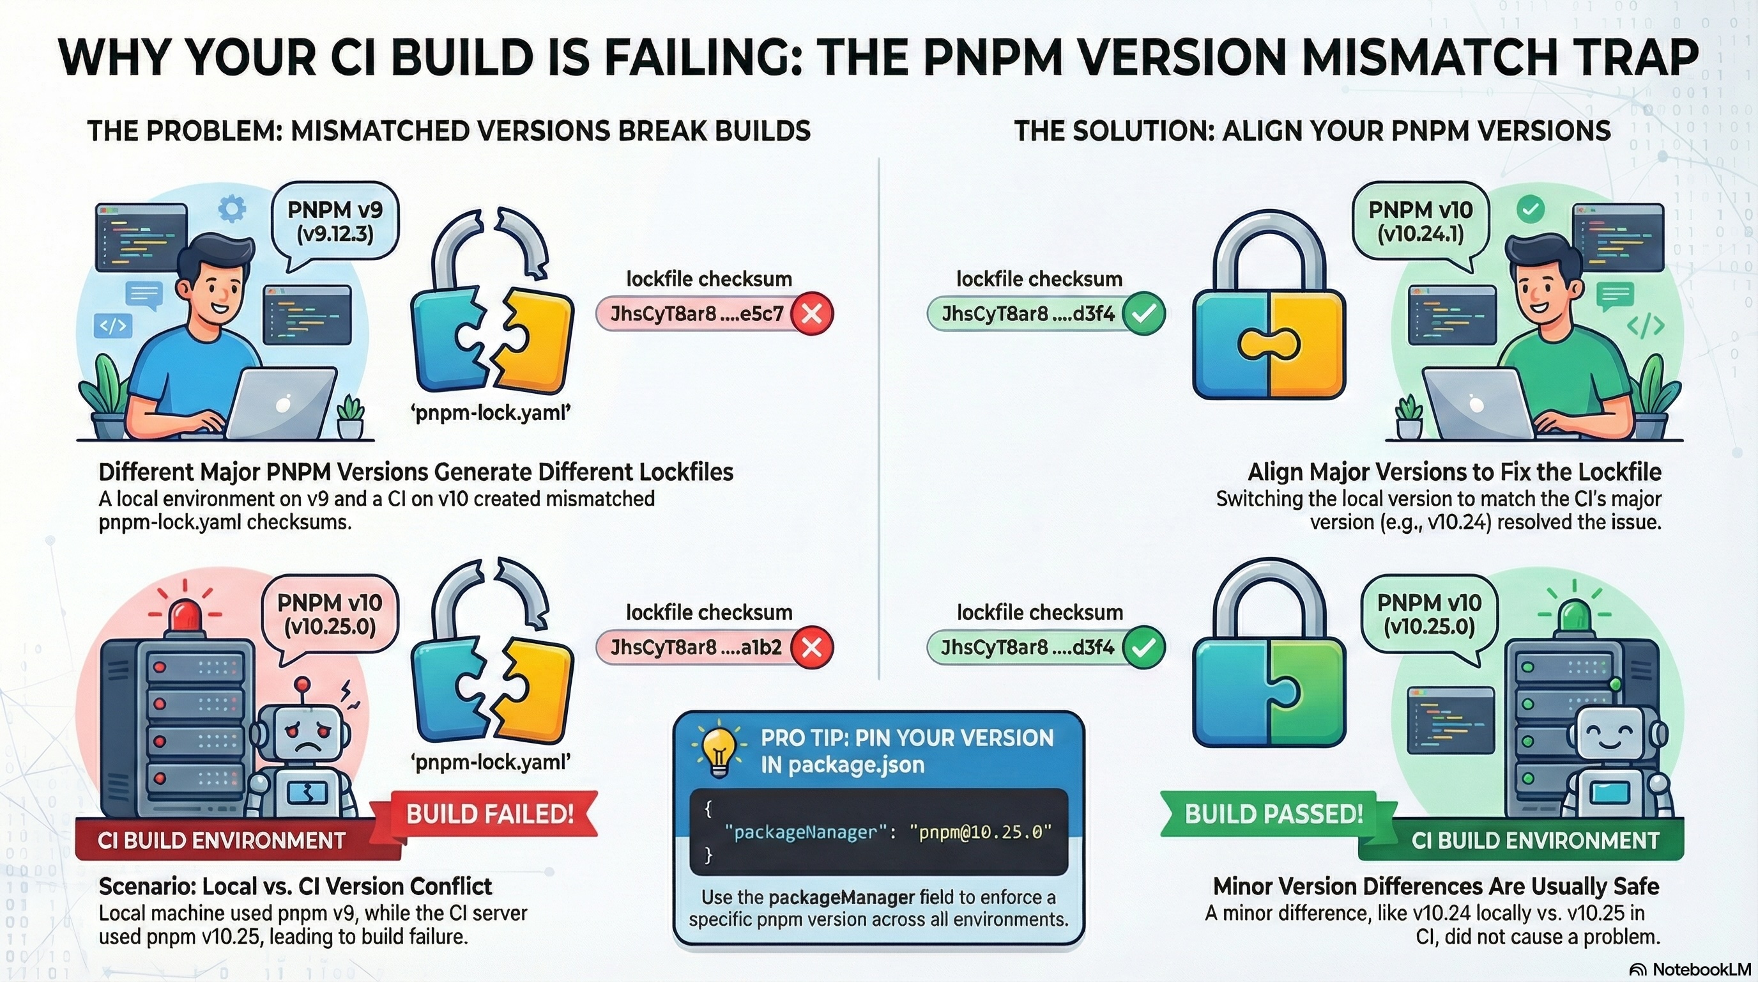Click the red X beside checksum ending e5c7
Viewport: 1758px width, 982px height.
point(811,314)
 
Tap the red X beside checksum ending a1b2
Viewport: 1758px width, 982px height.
point(811,648)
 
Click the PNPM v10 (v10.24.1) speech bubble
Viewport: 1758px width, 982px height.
point(1420,222)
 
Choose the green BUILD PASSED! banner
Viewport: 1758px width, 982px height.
point(1273,814)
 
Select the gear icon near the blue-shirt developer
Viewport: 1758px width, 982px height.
point(231,208)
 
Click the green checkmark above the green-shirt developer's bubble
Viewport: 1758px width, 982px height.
point(1530,209)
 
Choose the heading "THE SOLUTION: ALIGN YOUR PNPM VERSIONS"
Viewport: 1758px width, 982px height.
point(1311,130)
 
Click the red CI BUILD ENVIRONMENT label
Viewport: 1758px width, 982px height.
point(222,841)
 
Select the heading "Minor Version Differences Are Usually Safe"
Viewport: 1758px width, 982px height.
point(1436,886)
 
